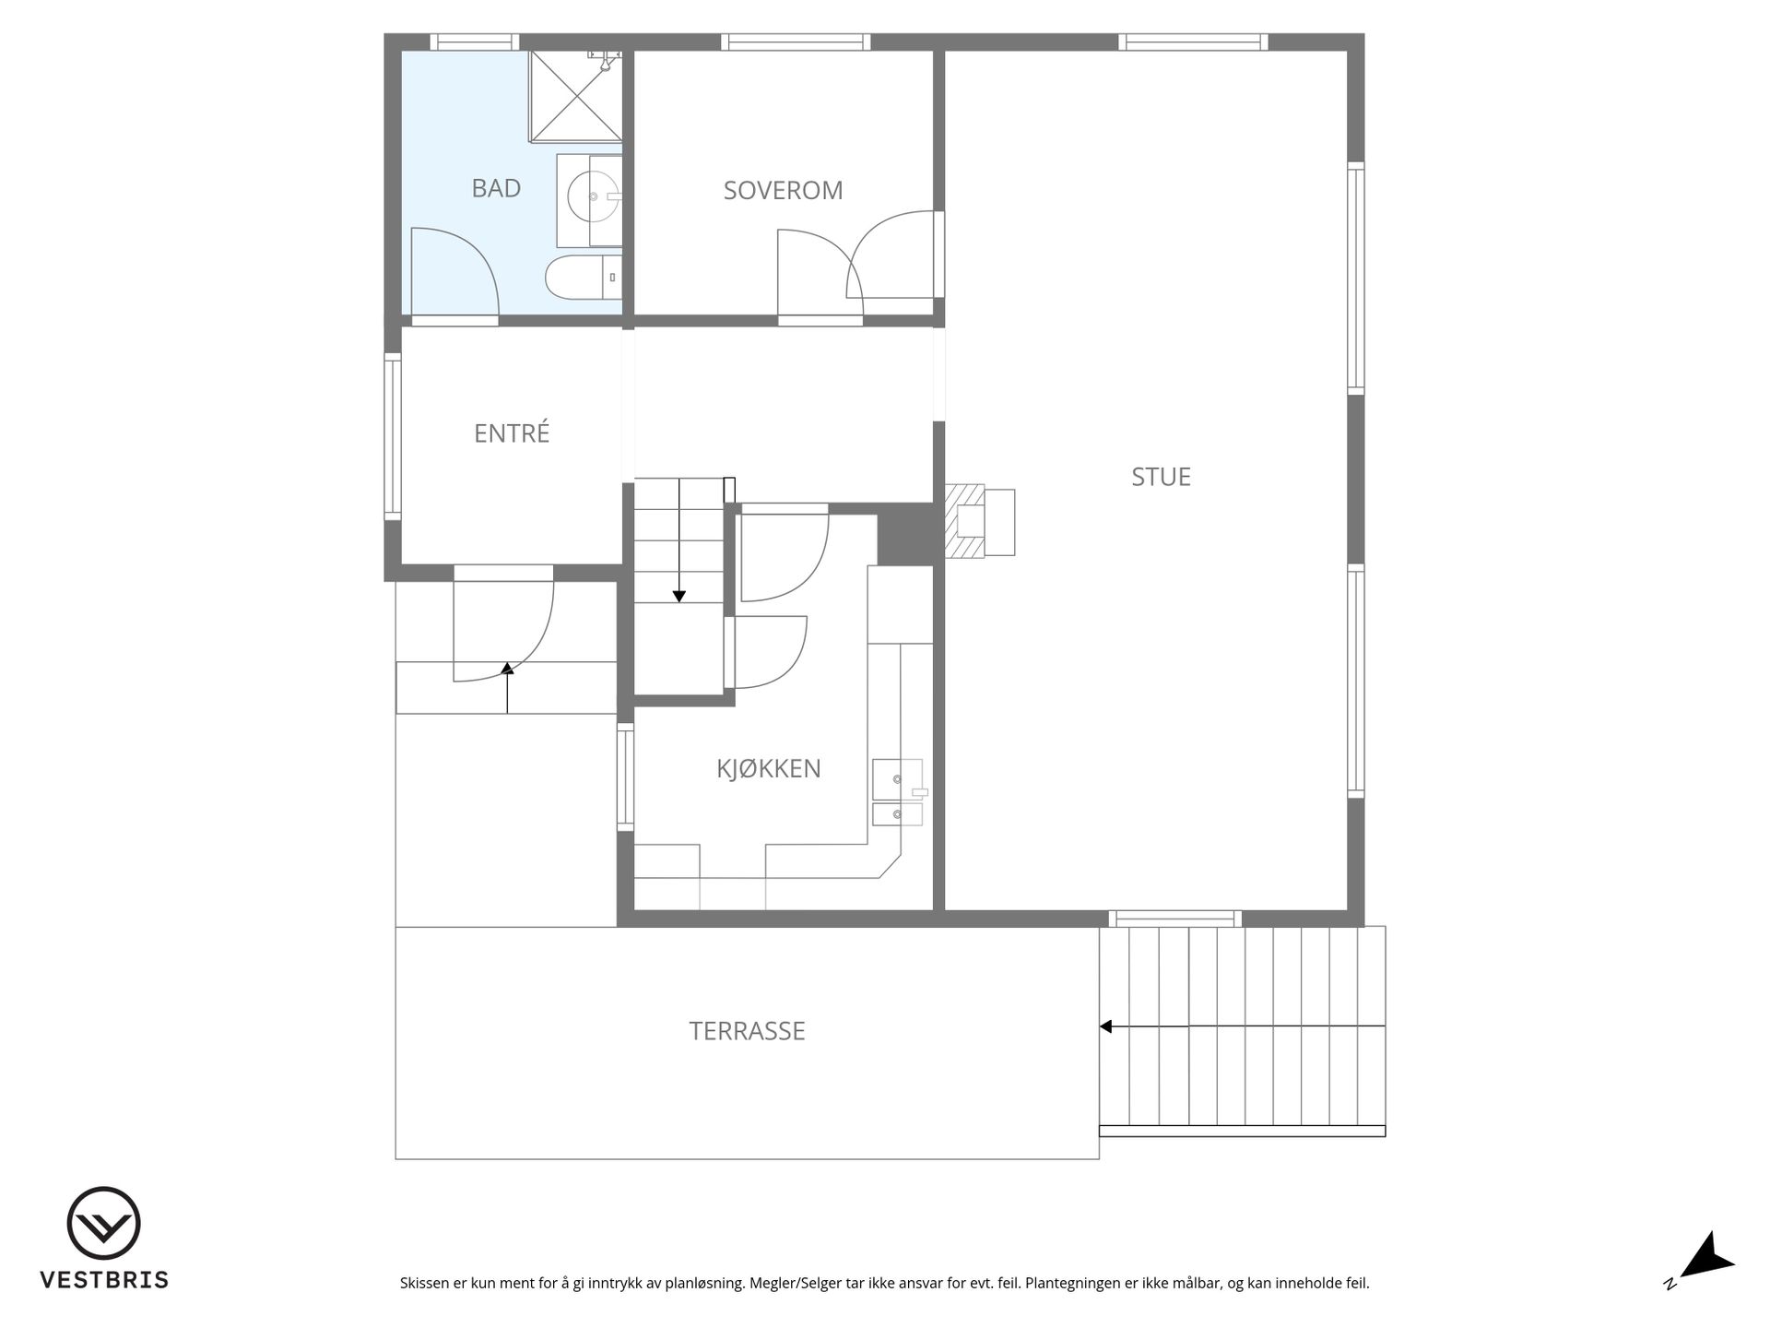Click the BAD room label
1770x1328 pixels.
click(496, 188)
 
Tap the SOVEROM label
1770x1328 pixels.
click(783, 190)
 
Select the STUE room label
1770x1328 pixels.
click(1161, 477)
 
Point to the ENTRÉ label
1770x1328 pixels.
click(512, 433)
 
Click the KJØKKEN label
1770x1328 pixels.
click(769, 768)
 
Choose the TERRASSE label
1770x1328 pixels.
click(747, 1031)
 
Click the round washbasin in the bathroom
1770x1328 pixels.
click(593, 196)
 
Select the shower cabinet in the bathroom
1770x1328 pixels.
click(575, 97)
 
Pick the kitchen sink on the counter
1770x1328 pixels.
click(898, 780)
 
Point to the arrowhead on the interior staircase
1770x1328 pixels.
click(679, 597)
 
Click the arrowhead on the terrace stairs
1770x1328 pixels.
click(1105, 1026)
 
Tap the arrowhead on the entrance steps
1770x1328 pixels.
click(507, 668)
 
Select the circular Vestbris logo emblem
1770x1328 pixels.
click(103, 1223)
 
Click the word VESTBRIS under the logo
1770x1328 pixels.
click(104, 1280)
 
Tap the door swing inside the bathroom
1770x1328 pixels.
click(454, 272)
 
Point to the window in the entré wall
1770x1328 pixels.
click(393, 436)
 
